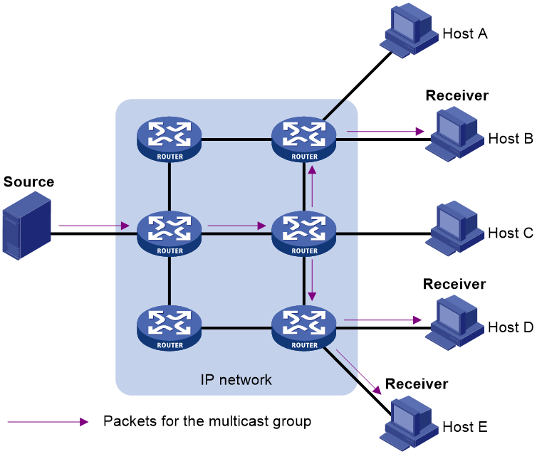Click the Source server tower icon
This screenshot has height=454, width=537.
[x=27, y=226]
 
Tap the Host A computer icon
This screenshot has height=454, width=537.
[x=409, y=31]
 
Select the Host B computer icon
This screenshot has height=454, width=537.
[x=454, y=134]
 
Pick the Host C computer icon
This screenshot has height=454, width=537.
[x=454, y=228]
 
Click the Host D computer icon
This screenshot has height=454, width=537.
[x=454, y=323]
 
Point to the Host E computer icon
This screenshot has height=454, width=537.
[x=409, y=423]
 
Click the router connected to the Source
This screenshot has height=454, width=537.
[x=170, y=233]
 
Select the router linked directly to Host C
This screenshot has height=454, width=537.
[x=304, y=233]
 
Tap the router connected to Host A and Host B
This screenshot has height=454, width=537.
[x=304, y=139]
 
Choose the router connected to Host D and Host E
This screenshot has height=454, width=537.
[x=304, y=328]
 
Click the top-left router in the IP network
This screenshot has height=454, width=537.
[x=170, y=139]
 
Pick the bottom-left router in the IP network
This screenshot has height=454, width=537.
[x=170, y=328]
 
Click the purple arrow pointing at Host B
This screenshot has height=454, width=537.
[x=385, y=131]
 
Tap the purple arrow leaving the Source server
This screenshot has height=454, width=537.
[x=94, y=226]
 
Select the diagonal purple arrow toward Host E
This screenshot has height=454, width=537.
[x=358, y=372]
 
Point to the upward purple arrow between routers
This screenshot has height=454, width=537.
[x=312, y=186]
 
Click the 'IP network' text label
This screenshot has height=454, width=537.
[x=236, y=380]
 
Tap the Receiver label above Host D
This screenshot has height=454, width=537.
[x=454, y=284]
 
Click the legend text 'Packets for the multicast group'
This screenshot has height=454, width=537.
[x=207, y=421]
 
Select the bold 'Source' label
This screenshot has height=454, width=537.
[x=28, y=181]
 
